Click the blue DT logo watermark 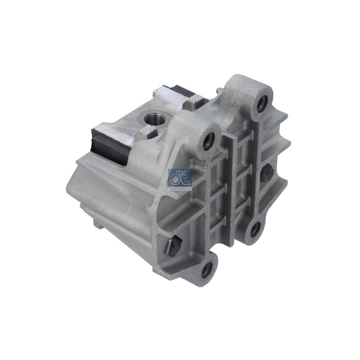pos(180,179)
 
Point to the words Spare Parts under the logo pos(180,189)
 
